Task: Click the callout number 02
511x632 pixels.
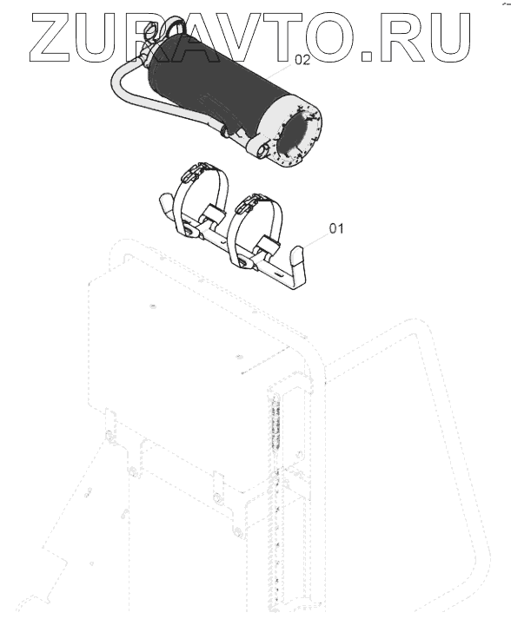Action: coord(302,60)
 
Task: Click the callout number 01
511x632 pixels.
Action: coord(336,228)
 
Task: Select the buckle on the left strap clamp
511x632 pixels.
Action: coord(195,170)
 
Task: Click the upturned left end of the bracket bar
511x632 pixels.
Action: coord(166,201)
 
